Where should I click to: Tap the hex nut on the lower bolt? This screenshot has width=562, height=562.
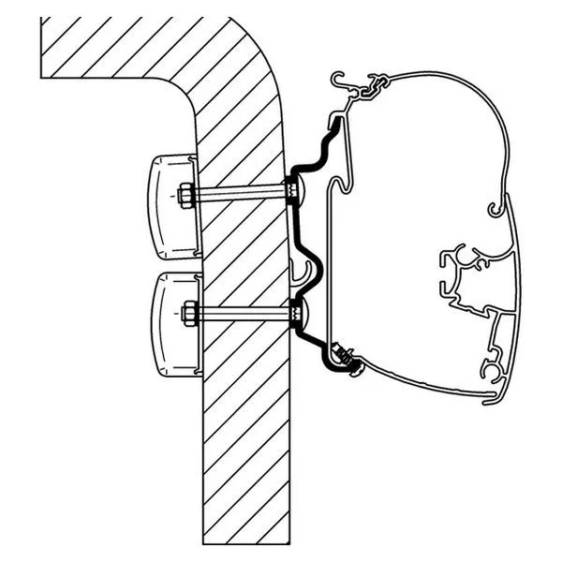tap(189, 312)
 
